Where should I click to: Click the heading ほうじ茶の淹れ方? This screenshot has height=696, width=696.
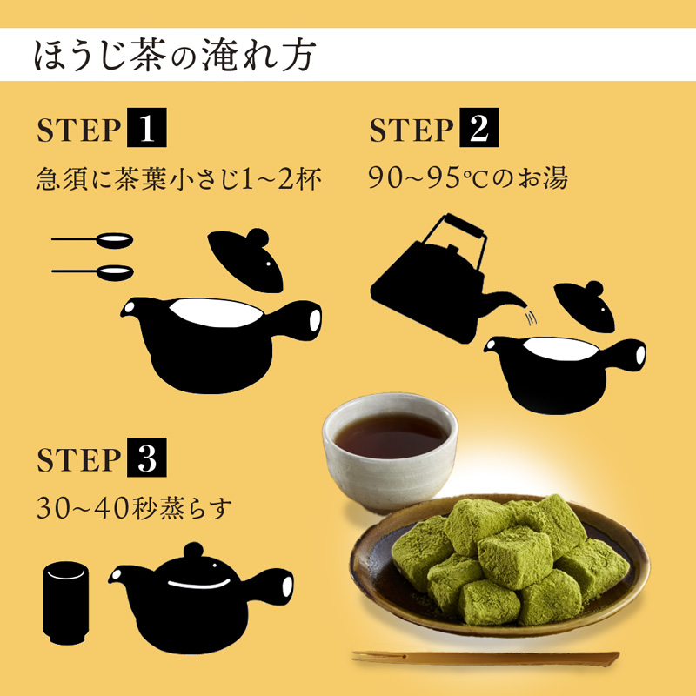(174, 55)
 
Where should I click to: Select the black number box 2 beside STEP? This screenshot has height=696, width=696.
(478, 130)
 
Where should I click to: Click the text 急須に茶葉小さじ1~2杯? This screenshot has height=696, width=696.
(179, 179)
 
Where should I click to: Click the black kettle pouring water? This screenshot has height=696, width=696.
(426, 278)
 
